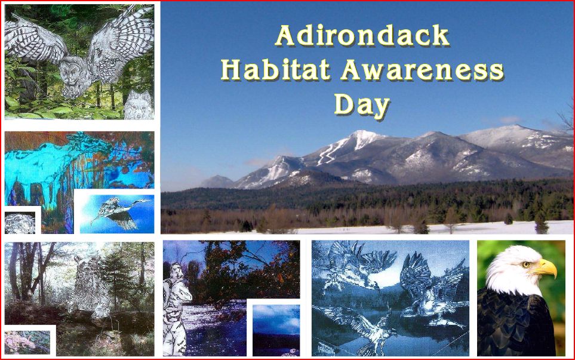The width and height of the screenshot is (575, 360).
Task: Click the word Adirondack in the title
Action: point(362,36)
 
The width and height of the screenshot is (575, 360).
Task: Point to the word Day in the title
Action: point(362,104)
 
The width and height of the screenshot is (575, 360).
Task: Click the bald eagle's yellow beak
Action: point(544,267)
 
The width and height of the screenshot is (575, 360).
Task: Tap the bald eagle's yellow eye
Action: point(527,264)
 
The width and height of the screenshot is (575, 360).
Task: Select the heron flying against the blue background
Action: point(118,213)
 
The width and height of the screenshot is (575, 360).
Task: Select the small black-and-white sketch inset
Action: point(20,223)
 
